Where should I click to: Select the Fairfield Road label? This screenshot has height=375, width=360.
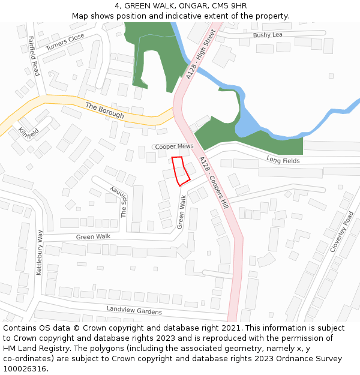point(34,56)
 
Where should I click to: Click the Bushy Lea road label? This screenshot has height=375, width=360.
point(267,35)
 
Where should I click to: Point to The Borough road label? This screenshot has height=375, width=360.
point(104,110)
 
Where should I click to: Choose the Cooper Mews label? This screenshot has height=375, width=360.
point(174,146)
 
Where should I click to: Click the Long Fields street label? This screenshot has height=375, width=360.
point(283,160)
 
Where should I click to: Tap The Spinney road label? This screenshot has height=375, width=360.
point(121,201)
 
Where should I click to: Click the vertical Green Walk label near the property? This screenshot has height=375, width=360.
point(181,211)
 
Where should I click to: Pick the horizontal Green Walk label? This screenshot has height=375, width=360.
point(93,237)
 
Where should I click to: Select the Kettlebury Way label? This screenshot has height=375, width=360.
point(40,252)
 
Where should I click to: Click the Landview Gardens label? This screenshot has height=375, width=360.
point(134,310)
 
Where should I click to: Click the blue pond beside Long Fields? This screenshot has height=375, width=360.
point(247,123)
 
